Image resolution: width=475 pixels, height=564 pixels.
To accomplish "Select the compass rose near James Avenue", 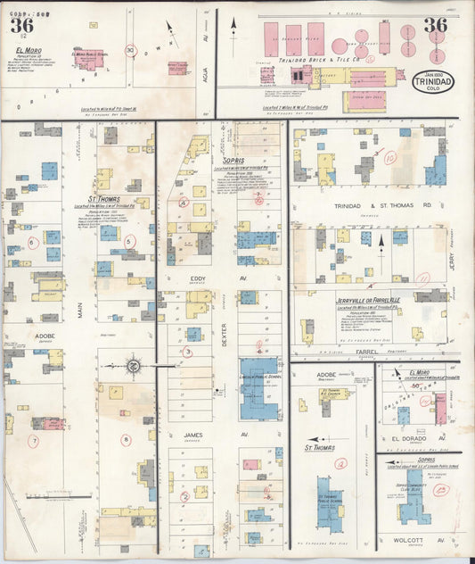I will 131,365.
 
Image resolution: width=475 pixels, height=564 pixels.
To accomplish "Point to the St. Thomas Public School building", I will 329,504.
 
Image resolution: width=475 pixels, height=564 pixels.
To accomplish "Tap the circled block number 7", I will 34,441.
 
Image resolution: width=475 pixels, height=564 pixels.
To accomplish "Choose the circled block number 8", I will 126,439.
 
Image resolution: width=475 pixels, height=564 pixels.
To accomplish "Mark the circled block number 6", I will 33,242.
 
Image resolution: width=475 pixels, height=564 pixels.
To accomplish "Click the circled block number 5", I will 130,241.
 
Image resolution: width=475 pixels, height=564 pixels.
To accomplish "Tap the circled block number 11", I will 422,278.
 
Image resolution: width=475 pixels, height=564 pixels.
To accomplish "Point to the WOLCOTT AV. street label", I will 412,540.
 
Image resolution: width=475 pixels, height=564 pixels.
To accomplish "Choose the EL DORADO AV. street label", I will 412,439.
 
